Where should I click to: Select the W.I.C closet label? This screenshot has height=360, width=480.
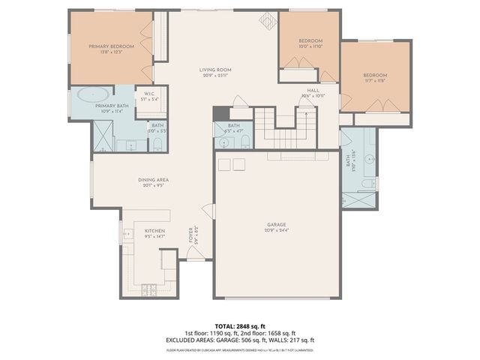(x=148, y=95)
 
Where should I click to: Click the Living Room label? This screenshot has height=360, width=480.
(x=215, y=72)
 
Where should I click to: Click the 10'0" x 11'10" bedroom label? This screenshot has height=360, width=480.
(x=310, y=43)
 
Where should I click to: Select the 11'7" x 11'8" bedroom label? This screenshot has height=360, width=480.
(x=375, y=79)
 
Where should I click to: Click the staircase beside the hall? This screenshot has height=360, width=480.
(x=285, y=127)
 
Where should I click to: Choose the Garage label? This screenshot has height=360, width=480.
(x=277, y=224)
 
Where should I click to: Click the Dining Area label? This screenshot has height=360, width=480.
(x=152, y=182)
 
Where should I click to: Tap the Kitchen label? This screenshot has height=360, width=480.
(x=154, y=233)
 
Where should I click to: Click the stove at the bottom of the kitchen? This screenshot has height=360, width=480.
(x=148, y=289)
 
